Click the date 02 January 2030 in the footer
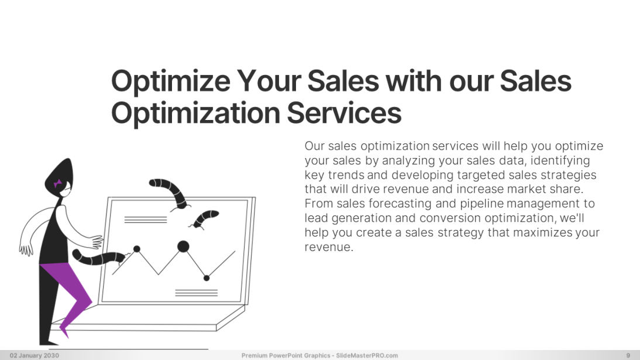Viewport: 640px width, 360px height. tap(34, 355)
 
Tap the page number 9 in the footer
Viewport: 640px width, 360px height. tap(628, 355)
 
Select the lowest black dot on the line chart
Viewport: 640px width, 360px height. tap(207, 278)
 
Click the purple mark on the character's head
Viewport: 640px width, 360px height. tap(58, 183)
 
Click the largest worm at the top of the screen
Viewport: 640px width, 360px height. tap(170, 188)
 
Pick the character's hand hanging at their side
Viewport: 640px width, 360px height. tap(26, 246)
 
